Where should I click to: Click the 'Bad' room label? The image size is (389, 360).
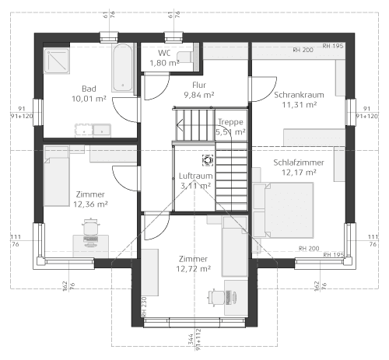pos(89,88)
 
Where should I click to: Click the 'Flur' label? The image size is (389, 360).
pos(198,85)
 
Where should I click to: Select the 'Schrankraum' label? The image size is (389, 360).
pos(299,94)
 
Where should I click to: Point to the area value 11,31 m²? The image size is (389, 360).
pos(299,104)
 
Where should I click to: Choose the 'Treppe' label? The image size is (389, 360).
pos(230,122)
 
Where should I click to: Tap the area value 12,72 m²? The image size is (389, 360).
pos(193,268)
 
